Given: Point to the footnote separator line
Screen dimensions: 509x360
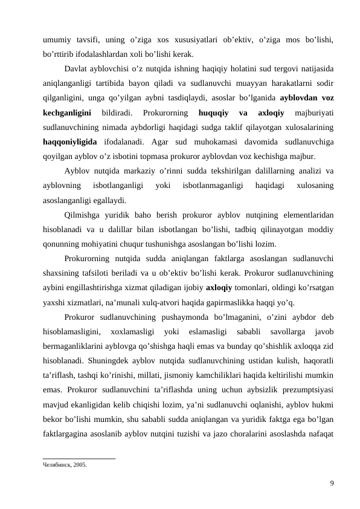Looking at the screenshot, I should coord(79,458).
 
